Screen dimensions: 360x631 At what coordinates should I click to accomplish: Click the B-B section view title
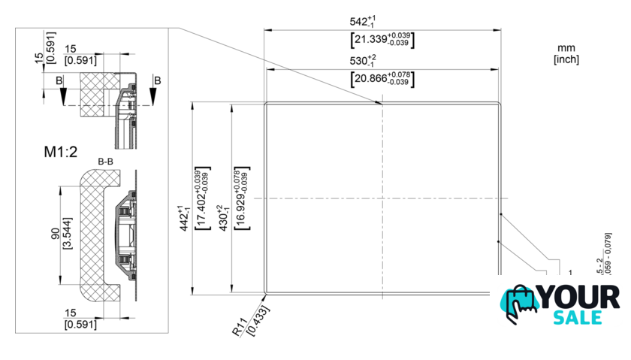[x=105, y=162]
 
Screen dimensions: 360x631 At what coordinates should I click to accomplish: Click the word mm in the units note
[x=566, y=47]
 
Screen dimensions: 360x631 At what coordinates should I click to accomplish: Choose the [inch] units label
[x=566, y=59]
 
